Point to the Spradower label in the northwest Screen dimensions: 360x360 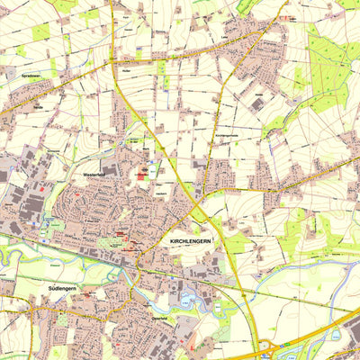click(30, 76)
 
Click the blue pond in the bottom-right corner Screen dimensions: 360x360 click(337, 335)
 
